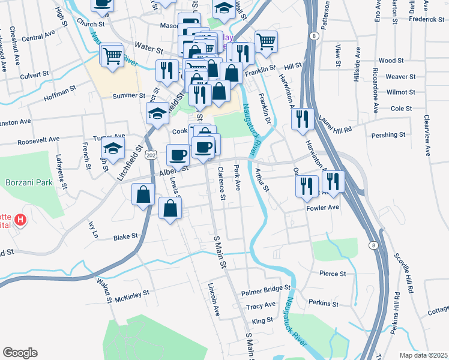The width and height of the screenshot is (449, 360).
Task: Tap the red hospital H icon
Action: pos(21,220)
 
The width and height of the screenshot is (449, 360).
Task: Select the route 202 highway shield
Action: pos(150,155)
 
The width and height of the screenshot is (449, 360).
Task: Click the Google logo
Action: pos(20,353)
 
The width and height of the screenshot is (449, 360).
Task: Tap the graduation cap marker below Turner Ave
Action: pos(113,149)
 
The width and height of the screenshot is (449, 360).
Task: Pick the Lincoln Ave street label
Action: pos(212,300)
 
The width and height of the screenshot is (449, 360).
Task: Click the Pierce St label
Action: pos(333,274)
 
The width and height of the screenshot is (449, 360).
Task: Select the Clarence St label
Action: pos(221,184)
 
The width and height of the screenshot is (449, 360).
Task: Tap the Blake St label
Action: pos(126,237)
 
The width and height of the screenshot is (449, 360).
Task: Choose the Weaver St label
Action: pos(400,77)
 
